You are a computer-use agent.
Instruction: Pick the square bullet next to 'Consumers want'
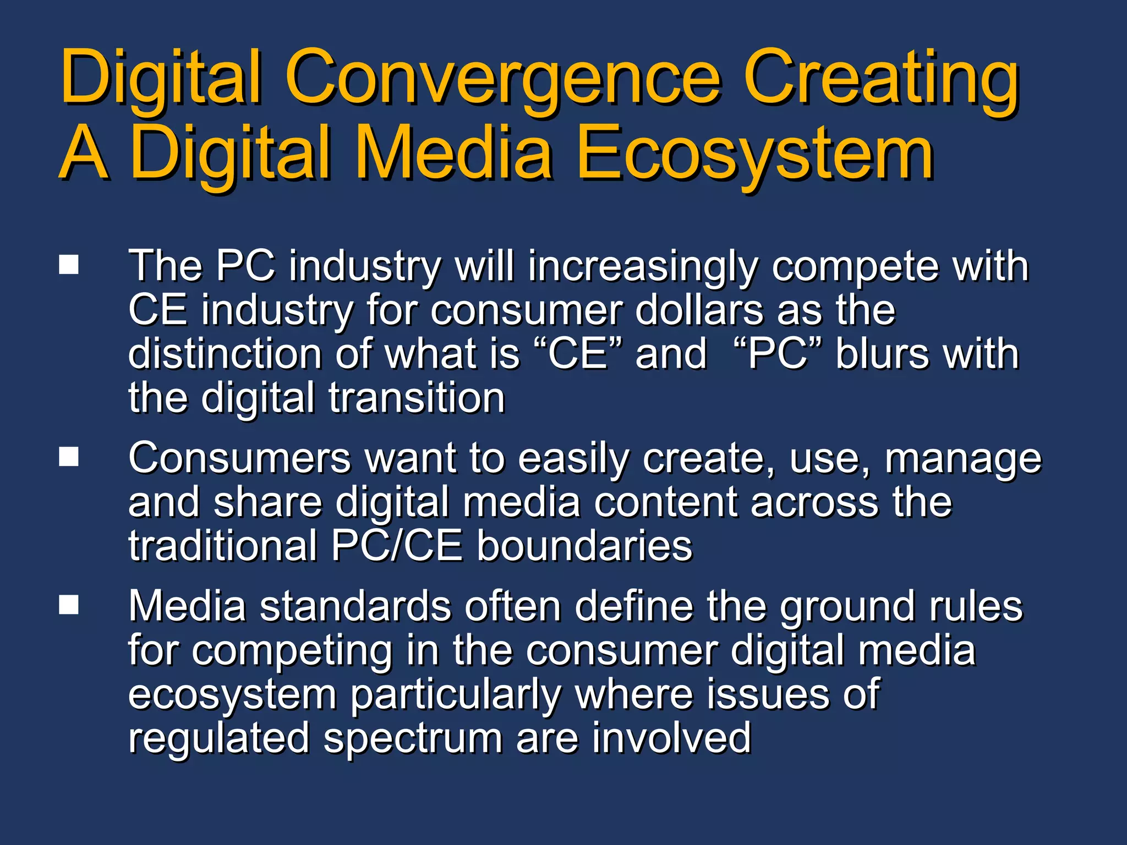tap(69, 457)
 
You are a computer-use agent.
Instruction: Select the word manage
tap(962, 460)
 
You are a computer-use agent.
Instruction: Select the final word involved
tap(671, 738)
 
